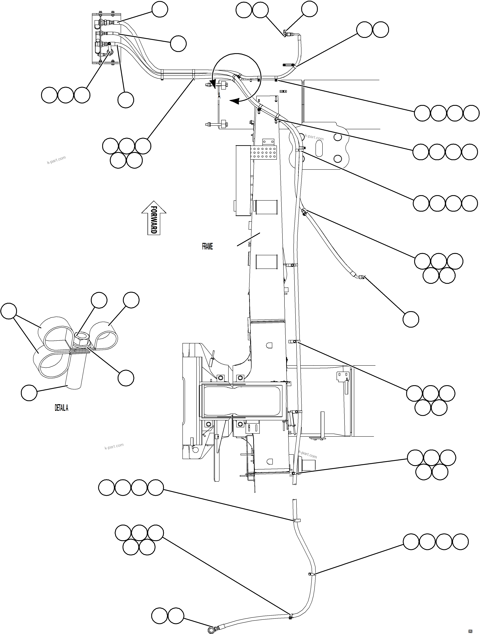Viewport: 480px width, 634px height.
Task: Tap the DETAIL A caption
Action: pos(61,408)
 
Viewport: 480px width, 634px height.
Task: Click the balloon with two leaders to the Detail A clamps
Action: pos(9,311)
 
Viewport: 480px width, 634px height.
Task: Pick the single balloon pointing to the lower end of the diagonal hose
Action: pos(411,319)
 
